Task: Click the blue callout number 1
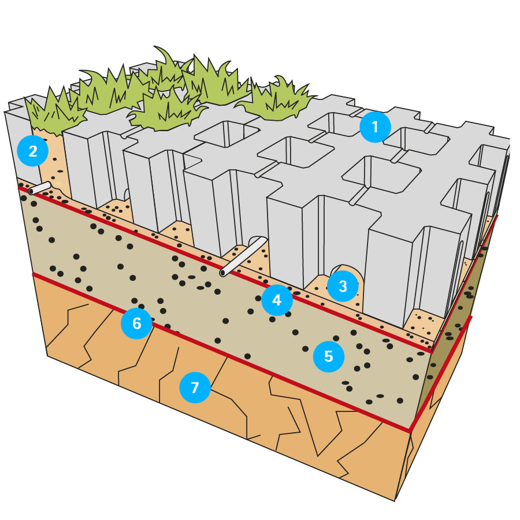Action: (x=375, y=127)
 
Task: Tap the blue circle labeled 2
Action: (x=33, y=151)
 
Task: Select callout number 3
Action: (x=343, y=286)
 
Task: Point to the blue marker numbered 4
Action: (x=277, y=300)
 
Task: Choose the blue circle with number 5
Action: (x=329, y=356)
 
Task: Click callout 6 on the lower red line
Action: (x=136, y=323)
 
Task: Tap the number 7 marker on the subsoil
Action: (x=195, y=387)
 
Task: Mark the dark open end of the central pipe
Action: (x=222, y=273)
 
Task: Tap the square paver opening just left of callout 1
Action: (x=332, y=123)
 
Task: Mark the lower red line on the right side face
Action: (x=442, y=373)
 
